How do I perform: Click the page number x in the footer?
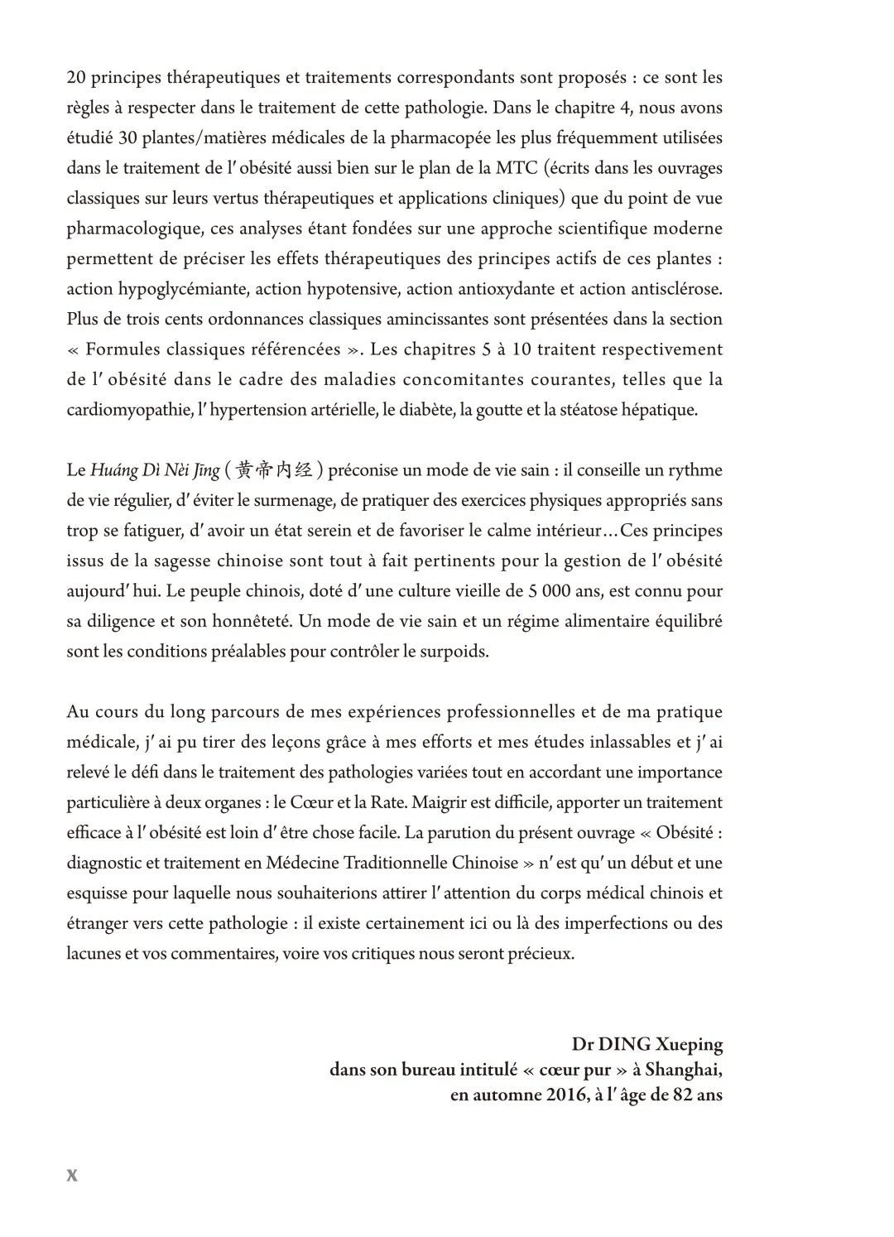[x=72, y=1175]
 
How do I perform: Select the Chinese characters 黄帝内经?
[x=273, y=471]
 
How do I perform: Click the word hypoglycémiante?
[x=184, y=289]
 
